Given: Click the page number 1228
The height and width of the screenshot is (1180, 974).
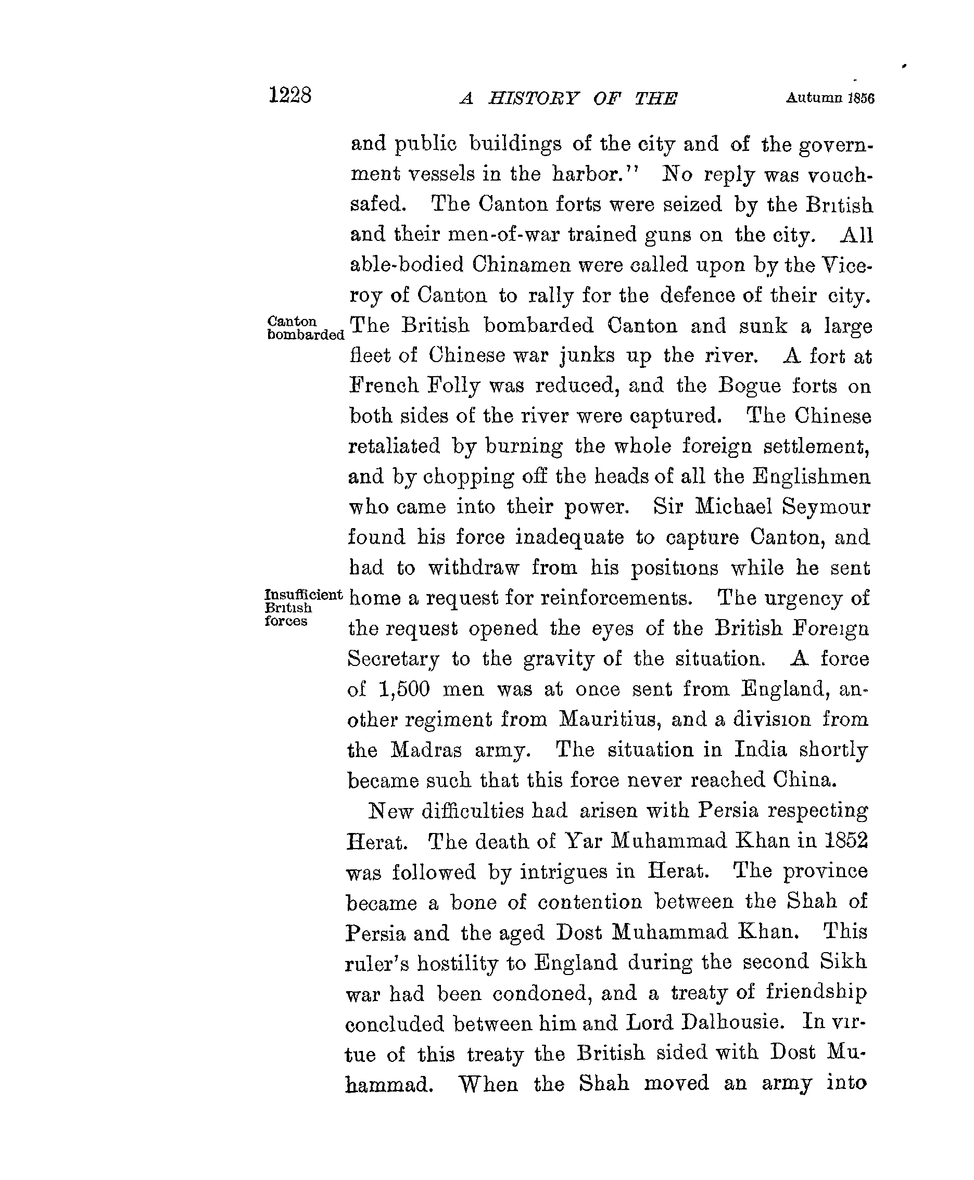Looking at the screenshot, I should point(289,95).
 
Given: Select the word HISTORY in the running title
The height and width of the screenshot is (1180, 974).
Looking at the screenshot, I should point(533,99).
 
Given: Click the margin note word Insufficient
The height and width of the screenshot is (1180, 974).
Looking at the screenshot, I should point(303,595).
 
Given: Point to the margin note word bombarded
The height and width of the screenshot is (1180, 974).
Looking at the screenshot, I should point(306,335).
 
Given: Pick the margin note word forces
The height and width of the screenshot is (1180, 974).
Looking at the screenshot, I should point(286,621).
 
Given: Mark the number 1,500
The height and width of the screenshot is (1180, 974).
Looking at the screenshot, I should point(404,689).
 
